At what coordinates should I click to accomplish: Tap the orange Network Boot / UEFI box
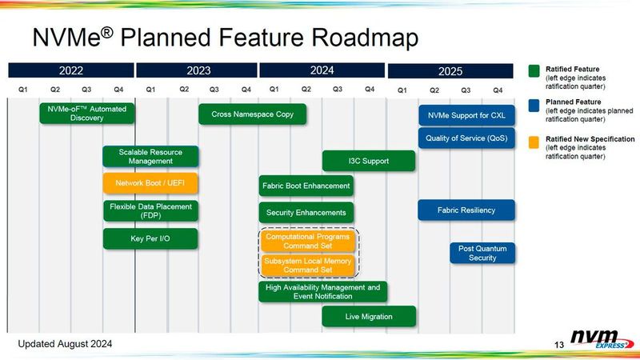(x=150, y=183)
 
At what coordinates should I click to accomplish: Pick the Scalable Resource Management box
(x=150, y=156)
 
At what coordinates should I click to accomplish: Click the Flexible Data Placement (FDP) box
(x=150, y=211)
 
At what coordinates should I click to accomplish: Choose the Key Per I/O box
(x=150, y=238)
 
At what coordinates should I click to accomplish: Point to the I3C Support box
(x=369, y=161)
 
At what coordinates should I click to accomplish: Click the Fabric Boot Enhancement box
(x=306, y=186)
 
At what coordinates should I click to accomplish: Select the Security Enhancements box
(x=306, y=213)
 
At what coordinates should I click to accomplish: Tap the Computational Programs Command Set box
(x=307, y=241)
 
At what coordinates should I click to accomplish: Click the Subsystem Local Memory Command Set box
(x=307, y=264)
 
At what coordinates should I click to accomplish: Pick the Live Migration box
(x=369, y=317)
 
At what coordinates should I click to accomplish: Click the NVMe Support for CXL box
(x=466, y=115)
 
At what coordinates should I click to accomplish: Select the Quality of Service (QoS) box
(x=466, y=138)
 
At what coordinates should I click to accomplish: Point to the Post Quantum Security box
(x=482, y=253)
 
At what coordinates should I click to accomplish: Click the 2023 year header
(x=198, y=70)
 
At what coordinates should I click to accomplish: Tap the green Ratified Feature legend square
(x=534, y=70)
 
